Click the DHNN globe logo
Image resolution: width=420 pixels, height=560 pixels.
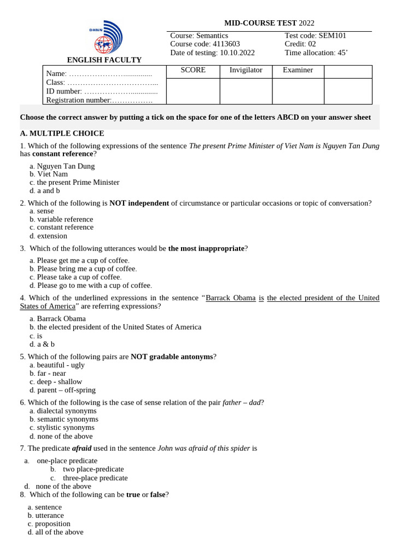point(106,37)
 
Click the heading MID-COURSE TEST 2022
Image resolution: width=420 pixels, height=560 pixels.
point(269,23)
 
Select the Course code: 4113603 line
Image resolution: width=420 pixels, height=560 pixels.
point(205,44)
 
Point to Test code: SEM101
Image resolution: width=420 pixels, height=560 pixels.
point(315,36)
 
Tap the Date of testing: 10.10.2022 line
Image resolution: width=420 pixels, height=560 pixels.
point(212,53)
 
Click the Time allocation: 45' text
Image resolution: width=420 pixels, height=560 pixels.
point(316,53)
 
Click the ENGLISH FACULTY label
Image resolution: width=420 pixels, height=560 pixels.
point(104,60)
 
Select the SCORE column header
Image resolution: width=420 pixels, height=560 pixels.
point(193,70)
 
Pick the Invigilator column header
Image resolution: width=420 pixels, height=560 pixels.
point(246,70)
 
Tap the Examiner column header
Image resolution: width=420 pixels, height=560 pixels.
point(297,70)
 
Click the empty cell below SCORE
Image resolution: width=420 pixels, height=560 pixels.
point(193,91)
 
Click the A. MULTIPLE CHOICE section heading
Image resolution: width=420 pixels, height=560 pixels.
point(62,133)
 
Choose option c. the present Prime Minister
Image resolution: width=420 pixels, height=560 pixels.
point(74,183)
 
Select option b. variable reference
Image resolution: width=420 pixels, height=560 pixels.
point(61,219)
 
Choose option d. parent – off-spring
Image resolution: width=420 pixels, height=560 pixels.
point(62,390)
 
